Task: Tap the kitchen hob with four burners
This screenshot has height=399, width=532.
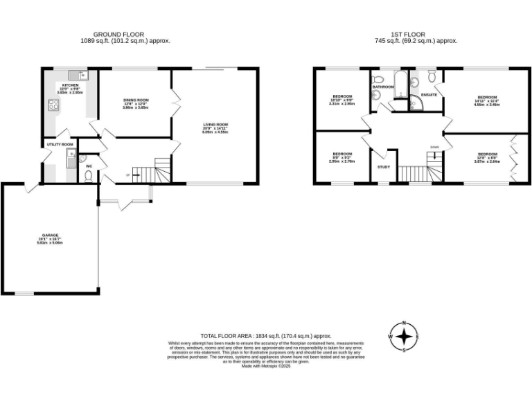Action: [53, 106]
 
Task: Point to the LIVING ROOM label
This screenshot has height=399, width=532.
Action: [215, 125]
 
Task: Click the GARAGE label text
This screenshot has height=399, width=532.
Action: [50, 236]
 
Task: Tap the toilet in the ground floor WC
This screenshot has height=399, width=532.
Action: [89, 176]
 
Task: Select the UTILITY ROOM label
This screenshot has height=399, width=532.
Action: [60, 144]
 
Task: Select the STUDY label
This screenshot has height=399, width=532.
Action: [383, 167]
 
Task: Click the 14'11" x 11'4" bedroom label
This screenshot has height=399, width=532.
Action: [487, 97]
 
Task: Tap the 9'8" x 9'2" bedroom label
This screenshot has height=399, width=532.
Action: [342, 154]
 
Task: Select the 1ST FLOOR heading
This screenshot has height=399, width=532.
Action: [411, 34]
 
